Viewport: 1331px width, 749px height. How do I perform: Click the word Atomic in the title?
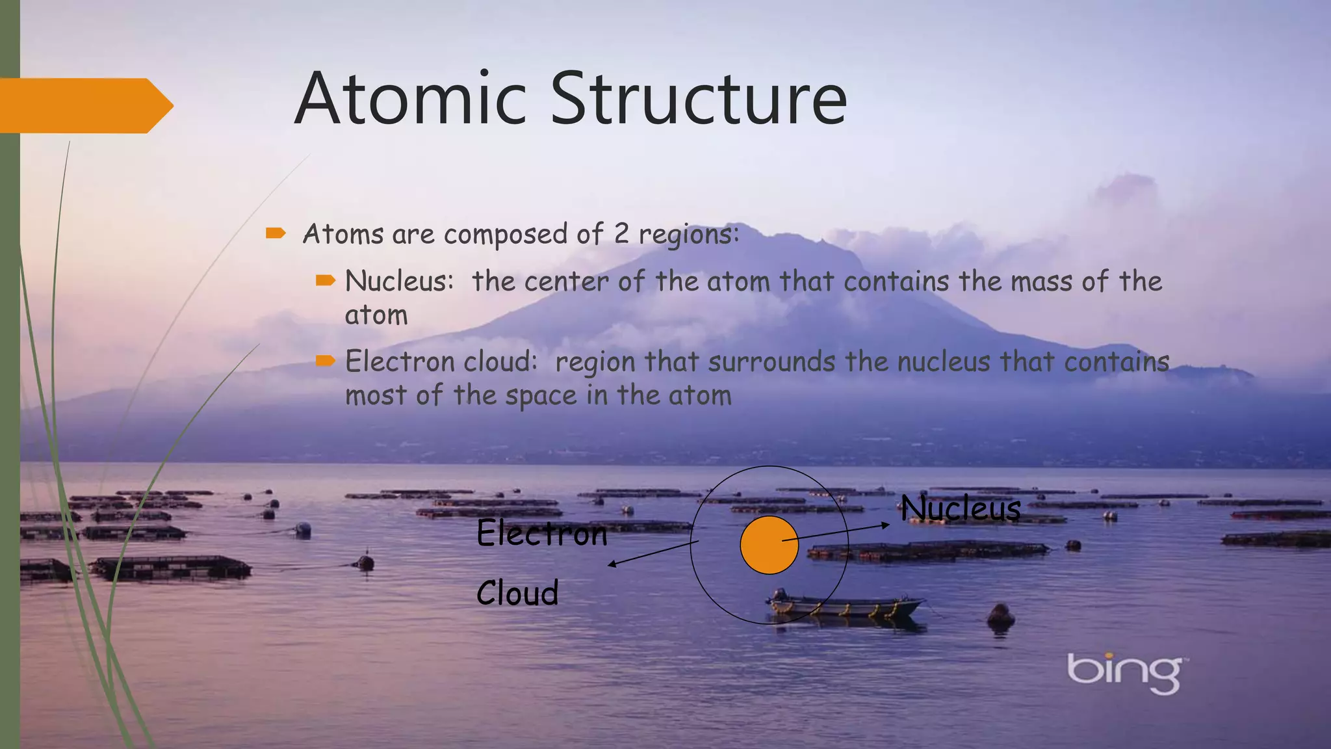[409, 99]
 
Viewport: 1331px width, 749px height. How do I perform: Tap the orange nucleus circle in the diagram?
[769, 545]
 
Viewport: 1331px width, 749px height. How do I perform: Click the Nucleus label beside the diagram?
[960, 508]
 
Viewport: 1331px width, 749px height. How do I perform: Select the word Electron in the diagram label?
[541, 534]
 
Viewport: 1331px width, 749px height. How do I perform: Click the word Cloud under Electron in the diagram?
[517, 593]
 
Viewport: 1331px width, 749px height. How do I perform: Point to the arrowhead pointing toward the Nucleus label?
[886, 525]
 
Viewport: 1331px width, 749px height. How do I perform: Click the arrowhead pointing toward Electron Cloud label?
[612, 564]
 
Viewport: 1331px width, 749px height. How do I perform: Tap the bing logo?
[1124, 672]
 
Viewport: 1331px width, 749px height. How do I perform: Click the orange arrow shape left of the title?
[84, 105]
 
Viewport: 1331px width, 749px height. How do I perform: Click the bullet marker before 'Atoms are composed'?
[276, 233]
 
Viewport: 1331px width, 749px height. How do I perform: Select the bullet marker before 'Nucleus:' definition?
[325, 281]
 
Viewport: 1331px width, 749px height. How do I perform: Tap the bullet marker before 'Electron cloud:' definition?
[325, 361]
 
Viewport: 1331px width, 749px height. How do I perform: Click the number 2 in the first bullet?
[621, 234]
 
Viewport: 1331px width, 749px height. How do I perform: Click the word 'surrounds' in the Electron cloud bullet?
[771, 362]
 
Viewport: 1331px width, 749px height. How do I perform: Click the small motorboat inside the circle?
[845, 605]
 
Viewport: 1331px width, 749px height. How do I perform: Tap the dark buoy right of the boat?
[1000, 614]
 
